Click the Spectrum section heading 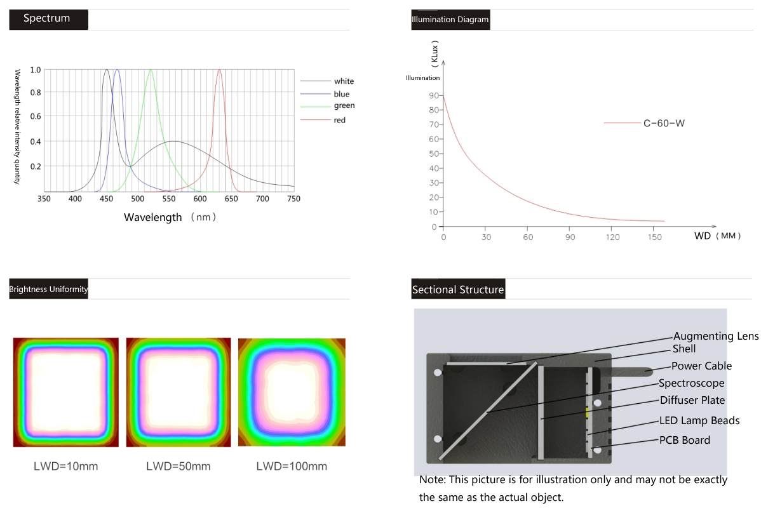pyautogui.click(x=47, y=18)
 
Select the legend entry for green pyautogui.click(x=344, y=106)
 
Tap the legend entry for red pyautogui.click(x=339, y=120)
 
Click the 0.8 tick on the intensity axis pyautogui.click(x=36, y=93)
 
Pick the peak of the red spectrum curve pyautogui.click(x=219, y=70)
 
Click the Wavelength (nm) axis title pyautogui.click(x=170, y=217)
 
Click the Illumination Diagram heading pyautogui.click(x=450, y=20)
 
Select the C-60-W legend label pyautogui.click(x=664, y=123)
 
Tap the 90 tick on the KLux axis pyautogui.click(x=433, y=95)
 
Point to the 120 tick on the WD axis pyautogui.click(x=612, y=237)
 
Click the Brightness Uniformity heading pyautogui.click(x=48, y=290)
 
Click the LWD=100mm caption pyautogui.click(x=292, y=467)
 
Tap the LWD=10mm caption pyautogui.click(x=66, y=467)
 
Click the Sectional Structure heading pyautogui.click(x=458, y=290)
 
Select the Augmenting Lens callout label pyautogui.click(x=715, y=336)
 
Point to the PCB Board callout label pyautogui.click(x=684, y=440)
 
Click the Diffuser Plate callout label pyautogui.click(x=692, y=400)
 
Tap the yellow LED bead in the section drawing pyautogui.click(x=588, y=412)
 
